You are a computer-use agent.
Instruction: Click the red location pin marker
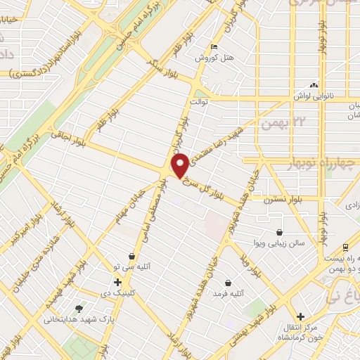pyautogui.click(x=180, y=165)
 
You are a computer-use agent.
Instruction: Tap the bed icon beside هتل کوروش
pyautogui.click(x=214, y=47)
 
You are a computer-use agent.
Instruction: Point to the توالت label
pyautogui.click(x=201, y=102)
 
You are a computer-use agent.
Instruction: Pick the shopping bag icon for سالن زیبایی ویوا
pyautogui.click(x=280, y=232)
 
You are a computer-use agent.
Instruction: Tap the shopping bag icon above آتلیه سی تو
pyautogui.click(x=131, y=257)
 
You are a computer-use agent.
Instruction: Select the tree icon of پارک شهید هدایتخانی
pyautogui.click(x=79, y=308)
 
